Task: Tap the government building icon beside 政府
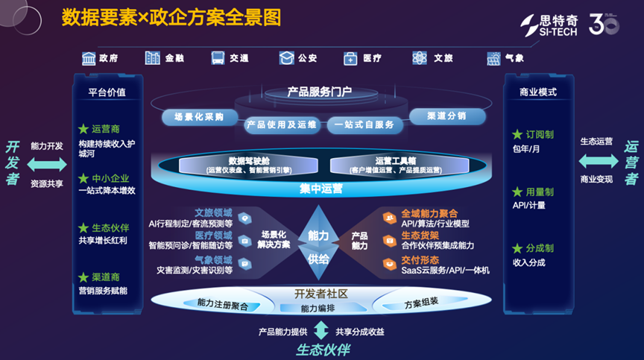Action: click(x=89, y=58)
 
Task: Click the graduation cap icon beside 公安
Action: click(x=286, y=58)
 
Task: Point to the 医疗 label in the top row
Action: click(x=372, y=58)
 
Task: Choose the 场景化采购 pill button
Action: click(x=200, y=117)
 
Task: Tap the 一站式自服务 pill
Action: click(x=364, y=124)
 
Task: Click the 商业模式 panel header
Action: click(x=537, y=92)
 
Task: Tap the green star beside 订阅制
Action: click(x=517, y=135)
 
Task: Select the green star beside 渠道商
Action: click(x=83, y=277)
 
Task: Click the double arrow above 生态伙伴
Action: click(x=321, y=330)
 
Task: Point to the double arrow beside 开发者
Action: click(x=46, y=165)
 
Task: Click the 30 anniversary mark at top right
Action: click(x=609, y=25)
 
